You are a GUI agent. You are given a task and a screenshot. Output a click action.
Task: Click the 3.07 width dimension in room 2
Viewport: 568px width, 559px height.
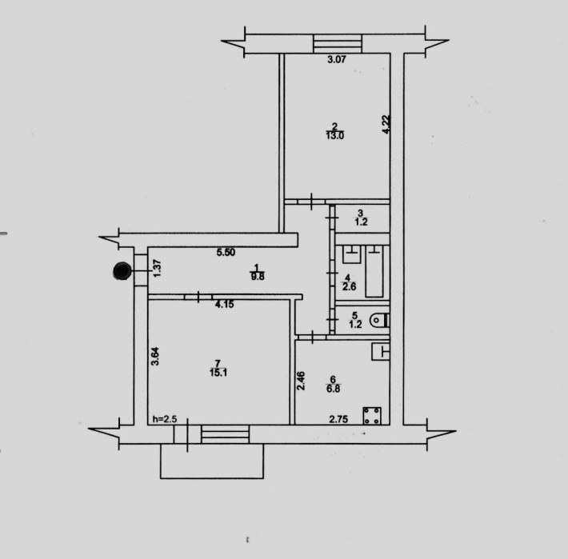point(337,59)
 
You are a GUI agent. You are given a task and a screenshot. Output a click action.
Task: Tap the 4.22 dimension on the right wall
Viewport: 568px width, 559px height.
point(386,125)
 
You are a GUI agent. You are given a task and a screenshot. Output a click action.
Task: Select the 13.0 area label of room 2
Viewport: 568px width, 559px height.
point(334,136)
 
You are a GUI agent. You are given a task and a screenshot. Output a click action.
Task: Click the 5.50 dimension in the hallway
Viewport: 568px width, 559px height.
point(226,252)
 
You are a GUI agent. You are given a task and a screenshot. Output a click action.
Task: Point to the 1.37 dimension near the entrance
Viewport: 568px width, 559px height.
point(157,269)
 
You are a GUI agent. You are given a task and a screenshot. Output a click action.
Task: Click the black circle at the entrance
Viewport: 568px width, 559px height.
point(122,271)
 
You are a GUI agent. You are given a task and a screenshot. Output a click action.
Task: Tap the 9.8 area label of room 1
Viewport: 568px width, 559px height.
point(257,277)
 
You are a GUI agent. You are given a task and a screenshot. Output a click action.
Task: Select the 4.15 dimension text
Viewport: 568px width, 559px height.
point(224,305)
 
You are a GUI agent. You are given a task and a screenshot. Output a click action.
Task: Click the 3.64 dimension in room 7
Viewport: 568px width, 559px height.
point(154,356)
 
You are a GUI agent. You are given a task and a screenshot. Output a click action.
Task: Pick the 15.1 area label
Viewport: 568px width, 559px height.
point(218,372)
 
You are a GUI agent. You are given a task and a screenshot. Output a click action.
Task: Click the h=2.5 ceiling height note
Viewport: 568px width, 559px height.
point(165,419)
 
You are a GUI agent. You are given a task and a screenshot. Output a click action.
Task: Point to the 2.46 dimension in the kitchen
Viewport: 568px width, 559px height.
point(301,381)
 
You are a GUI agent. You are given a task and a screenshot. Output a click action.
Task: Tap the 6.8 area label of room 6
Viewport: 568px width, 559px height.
point(333,389)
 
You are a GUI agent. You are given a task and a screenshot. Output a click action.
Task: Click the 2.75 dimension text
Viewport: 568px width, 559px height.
point(338,419)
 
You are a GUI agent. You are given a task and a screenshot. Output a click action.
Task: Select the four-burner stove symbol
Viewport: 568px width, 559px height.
point(372,416)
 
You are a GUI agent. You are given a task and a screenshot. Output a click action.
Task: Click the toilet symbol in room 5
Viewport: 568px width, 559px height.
point(380,320)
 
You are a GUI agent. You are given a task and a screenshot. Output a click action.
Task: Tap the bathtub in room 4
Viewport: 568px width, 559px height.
point(374,271)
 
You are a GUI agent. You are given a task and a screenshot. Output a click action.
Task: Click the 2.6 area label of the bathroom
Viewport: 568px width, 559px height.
point(350,286)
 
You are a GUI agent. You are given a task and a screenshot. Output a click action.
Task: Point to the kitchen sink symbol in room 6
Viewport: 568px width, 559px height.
point(381,351)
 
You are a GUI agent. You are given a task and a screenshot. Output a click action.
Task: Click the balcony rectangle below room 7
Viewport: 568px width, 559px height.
point(212,478)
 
